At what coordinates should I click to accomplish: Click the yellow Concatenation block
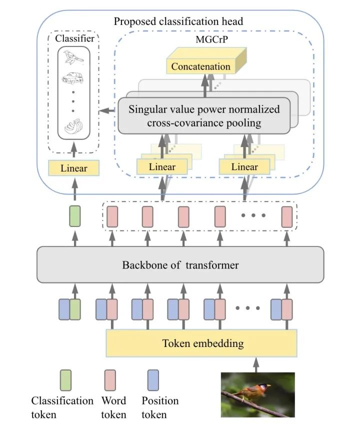[x=201, y=66]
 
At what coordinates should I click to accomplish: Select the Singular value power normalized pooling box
[x=204, y=115]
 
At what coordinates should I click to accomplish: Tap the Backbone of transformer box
[x=180, y=264]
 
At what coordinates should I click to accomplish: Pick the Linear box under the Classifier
[x=73, y=168]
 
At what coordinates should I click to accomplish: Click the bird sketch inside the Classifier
[x=73, y=59]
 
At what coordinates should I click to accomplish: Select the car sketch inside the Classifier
[x=73, y=78]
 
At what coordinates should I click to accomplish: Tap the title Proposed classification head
[x=178, y=21]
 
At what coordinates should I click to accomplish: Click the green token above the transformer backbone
[x=74, y=216]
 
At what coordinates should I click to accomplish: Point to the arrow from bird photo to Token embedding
[x=257, y=363]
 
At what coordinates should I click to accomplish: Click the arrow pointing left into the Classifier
[x=105, y=110]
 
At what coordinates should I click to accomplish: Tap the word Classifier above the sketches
[x=73, y=38]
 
